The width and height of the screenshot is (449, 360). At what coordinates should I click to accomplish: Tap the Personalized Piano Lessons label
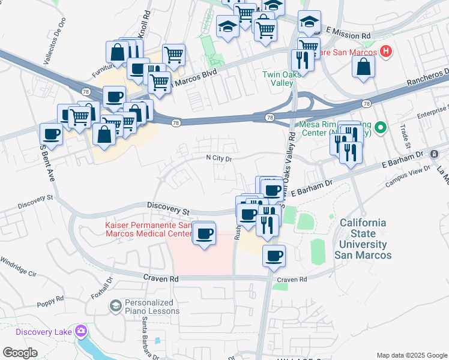[152, 307]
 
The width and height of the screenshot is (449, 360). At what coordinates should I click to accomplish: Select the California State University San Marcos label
[365, 238]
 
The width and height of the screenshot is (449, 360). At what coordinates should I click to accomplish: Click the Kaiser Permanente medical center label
[145, 229]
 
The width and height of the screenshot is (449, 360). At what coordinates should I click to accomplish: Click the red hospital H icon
[386, 52]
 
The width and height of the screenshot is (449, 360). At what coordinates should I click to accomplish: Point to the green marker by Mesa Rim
[380, 128]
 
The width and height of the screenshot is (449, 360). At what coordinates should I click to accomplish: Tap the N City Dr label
[220, 158]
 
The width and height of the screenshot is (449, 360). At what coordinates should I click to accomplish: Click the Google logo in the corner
[20, 353]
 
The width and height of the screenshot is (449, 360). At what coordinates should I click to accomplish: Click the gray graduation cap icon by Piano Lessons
[115, 307]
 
